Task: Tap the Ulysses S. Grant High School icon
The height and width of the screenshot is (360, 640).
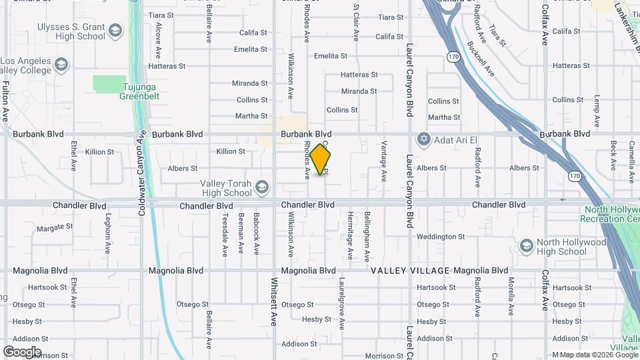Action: coord(115,31)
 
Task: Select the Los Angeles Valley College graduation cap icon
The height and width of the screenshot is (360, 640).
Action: coord(61,65)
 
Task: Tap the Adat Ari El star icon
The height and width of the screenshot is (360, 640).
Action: coord(422,139)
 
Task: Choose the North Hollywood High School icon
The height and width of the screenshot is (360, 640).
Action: coord(526,246)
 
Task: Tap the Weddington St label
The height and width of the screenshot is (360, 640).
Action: coord(440,237)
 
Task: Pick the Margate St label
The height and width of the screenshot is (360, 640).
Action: coord(55,227)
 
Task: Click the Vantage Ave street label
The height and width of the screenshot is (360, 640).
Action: coord(384,161)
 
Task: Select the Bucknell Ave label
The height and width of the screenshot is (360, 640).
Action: coord(481,58)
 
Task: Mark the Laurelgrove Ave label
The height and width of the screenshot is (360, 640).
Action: coord(341,304)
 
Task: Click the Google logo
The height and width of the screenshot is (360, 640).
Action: coord(23,351)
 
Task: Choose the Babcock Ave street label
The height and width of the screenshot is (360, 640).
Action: coord(256,234)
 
